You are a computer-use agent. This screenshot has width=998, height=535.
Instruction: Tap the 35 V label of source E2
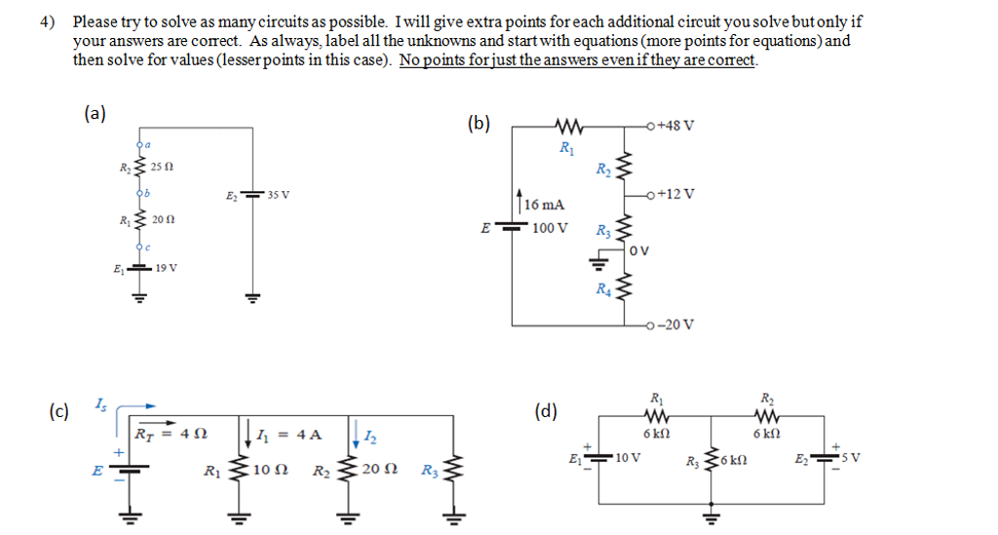click(278, 195)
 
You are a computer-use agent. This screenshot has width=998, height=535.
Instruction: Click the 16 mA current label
click(543, 205)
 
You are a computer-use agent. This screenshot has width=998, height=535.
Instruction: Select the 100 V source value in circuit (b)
click(550, 227)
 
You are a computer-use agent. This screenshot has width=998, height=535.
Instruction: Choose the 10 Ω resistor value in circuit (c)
click(267, 470)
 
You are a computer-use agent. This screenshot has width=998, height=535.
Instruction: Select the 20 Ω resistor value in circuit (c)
click(376, 470)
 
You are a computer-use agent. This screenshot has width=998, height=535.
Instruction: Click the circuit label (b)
click(480, 124)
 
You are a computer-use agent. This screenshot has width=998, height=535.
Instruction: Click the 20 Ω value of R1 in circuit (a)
click(163, 220)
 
